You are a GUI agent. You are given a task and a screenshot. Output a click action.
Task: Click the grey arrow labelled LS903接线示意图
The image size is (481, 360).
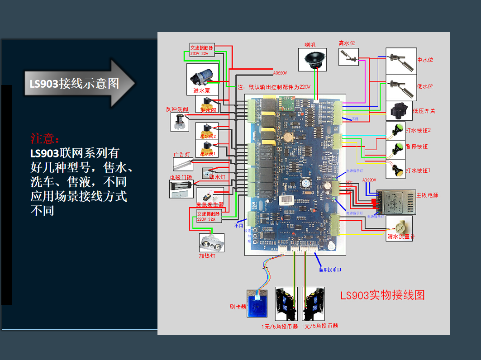tap(80, 83)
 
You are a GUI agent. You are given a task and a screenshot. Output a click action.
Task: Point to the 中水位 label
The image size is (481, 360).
tap(425, 60)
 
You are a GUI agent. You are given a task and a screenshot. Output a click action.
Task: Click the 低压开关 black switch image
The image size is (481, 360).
tap(399, 110)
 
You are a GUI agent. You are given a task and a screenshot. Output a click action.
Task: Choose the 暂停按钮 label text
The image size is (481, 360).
tap(417, 147)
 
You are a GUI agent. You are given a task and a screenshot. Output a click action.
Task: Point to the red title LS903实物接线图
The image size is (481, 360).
tap(382, 295)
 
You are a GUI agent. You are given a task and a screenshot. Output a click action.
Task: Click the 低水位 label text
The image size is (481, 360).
tap(425, 86)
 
